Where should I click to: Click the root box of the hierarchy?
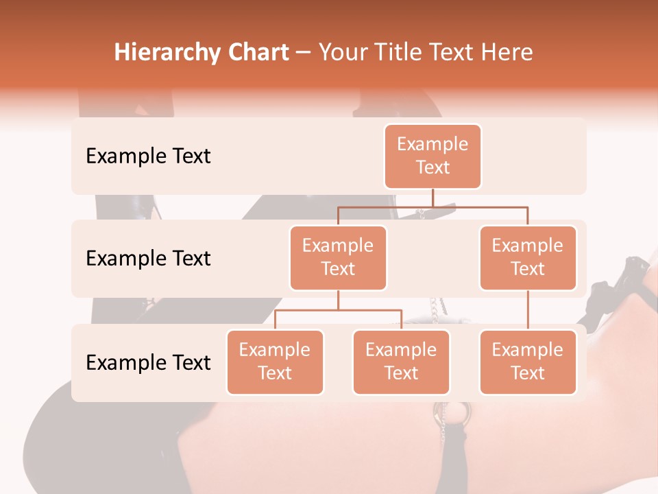point(432,156)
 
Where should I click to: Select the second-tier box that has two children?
point(338,257)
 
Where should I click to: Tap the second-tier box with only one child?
point(528,257)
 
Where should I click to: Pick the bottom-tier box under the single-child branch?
point(528,362)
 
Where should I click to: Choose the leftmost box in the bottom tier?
point(275,362)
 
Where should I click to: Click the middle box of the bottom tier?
point(401,362)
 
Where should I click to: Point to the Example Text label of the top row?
point(148,156)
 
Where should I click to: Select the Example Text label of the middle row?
point(148,258)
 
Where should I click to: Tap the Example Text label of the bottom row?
point(148,362)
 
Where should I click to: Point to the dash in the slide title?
point(304,53)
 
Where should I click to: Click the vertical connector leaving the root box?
point(432,198)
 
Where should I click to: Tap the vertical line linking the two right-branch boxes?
point(528,310)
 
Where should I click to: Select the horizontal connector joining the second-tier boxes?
point(432,206)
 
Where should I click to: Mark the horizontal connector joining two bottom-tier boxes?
point(338,310)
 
